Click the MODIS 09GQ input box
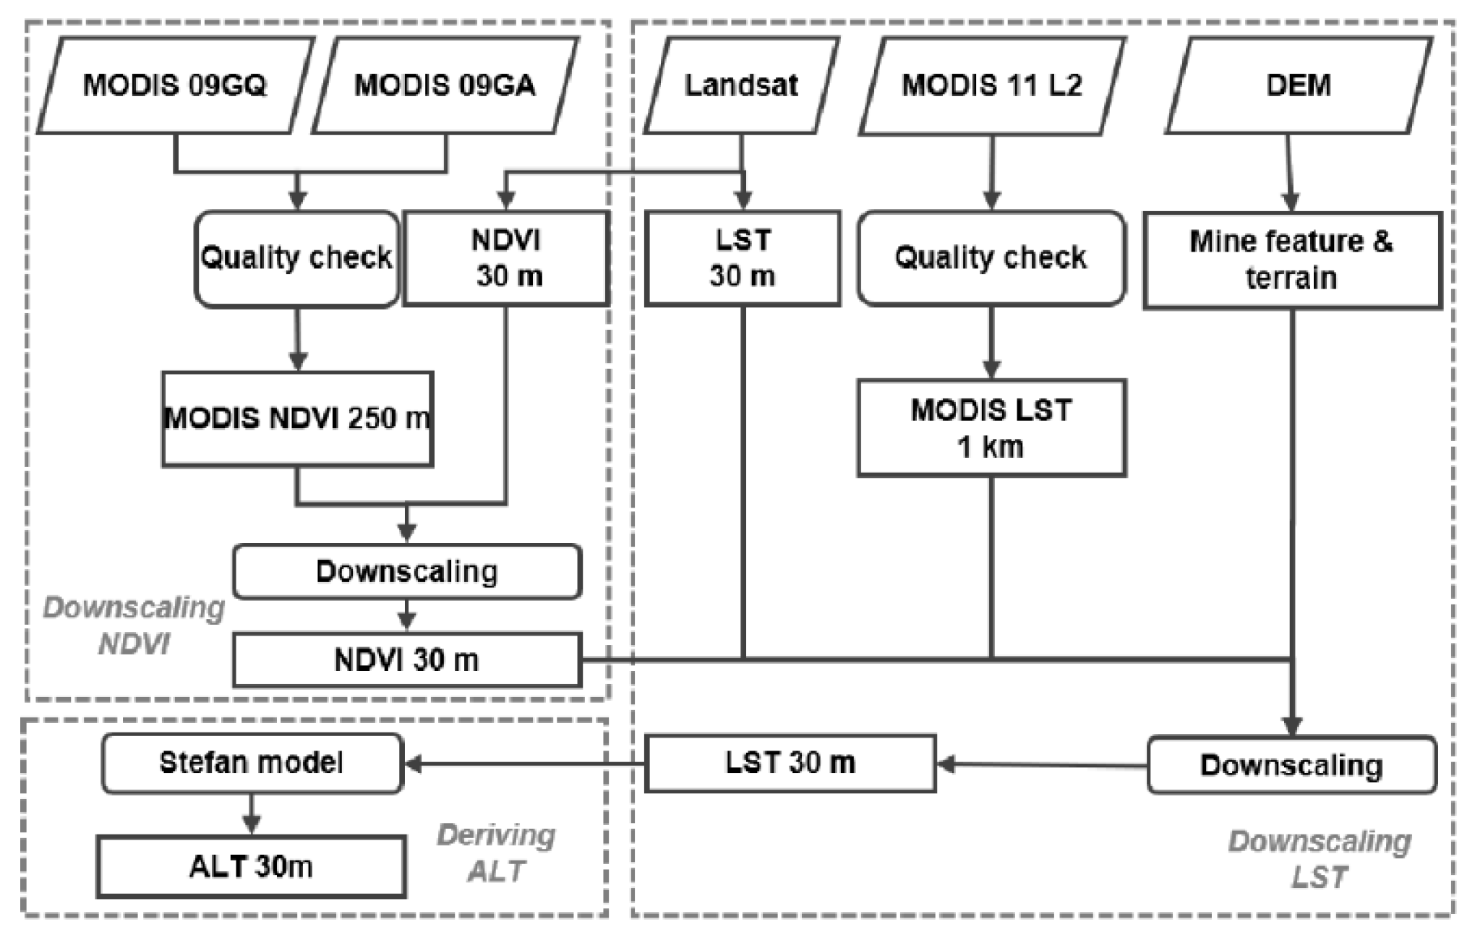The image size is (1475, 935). [x=175, y=85]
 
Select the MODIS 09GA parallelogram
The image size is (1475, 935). [x=445, y=85]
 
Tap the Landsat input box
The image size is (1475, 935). [x=741, y=85]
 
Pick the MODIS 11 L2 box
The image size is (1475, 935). [x=992, y=85]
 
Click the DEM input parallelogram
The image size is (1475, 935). [x=1299, y=85]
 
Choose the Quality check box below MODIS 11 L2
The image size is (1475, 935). [x=991, y=257]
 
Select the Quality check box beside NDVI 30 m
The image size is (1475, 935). [x=296, y=258]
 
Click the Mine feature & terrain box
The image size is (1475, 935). [x=1292, y=260]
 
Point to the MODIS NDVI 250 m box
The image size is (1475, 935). [x=297, y=419]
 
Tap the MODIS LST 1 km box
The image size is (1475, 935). [x=991, y=427]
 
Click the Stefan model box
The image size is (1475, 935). [x=252, y=764]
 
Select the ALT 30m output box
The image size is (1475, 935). [x=251, y=866]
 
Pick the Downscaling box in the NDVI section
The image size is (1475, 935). [x=407, y=572]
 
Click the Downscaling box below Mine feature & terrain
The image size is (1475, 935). [x=1292, y=765]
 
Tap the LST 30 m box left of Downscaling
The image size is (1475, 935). [x=790, y=764]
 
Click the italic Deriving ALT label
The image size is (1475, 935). [x=496, y=853]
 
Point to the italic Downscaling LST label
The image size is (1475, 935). [x=1320, y=859]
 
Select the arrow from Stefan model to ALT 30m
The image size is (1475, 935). [x=251, y=814]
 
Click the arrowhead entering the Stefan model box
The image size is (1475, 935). [x=413, y=764]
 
